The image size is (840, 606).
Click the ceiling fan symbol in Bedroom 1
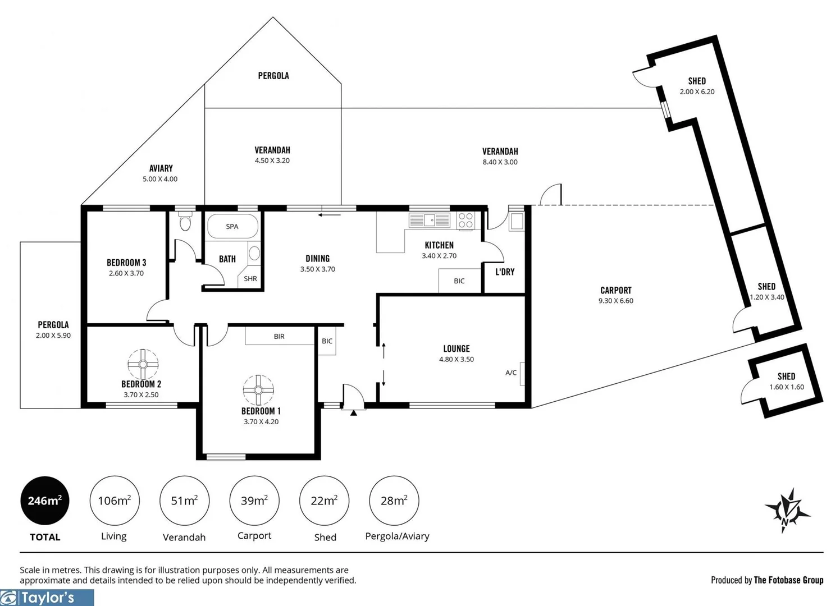point(258,389)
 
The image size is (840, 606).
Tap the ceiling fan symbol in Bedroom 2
point(143,364)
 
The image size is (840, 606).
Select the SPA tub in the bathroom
point(232,227)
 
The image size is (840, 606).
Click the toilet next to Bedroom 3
point(185,223)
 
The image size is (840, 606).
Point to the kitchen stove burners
point(465,220)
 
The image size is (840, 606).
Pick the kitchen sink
point(430,220)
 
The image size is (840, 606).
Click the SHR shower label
point(250,279)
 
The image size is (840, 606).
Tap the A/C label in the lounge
point(511,373)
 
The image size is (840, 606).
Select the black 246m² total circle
point(45,501)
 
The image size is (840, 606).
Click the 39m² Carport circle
point(254,501)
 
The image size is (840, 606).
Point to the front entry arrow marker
point(354,413)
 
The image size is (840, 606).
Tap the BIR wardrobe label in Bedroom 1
point(279,337)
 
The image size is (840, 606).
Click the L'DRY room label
point(505,272)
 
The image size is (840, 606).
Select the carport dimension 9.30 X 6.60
point(616,301)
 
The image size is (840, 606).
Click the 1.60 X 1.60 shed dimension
point(786,387)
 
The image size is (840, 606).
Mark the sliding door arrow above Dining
point(330,214)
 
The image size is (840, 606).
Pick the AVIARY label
point(161,168)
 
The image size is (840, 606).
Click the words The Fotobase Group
point(788,580)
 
